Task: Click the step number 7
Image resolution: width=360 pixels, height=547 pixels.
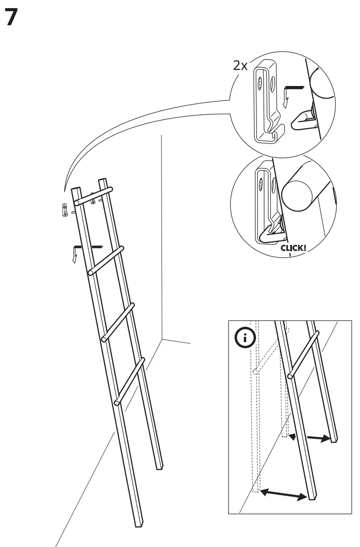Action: pyautogui.click(x=12, y=18)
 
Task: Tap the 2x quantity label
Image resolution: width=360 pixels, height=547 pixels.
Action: pyautogui.click(x=240, y=65)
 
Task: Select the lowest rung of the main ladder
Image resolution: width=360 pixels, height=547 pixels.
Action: pyautogui.click(x=130, y=381)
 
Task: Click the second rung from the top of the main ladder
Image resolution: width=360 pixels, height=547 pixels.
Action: pyautogui.click(x=106, y=260)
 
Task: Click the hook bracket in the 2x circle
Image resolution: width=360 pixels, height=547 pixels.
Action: pyautogui.click(x=265, y=104)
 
